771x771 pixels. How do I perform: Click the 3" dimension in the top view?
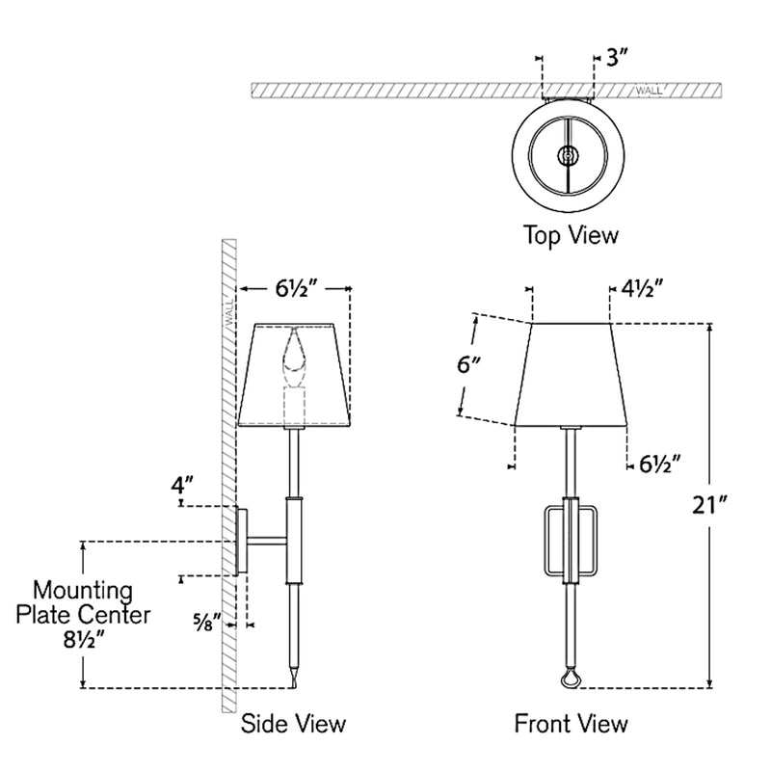(x=616, y=59)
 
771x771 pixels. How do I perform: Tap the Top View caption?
(x=571, y=234)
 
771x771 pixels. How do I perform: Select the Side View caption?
(x=293, y=723)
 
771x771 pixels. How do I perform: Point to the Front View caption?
(x=571, y=723)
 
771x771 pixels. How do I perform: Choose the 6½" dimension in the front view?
(x=660, y=464)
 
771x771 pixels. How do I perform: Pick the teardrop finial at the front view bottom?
(x=572, y=680)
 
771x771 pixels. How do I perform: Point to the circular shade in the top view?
(x=569, y=153)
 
